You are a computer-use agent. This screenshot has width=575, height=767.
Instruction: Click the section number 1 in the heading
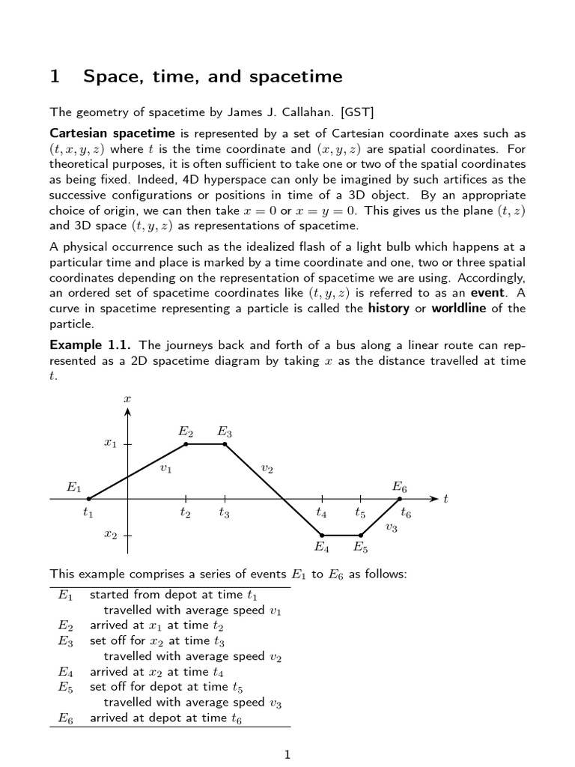(x=55, y=76)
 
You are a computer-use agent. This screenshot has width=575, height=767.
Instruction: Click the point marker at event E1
(x=89, y=498)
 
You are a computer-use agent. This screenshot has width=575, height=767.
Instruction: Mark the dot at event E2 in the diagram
(x=186, y=444)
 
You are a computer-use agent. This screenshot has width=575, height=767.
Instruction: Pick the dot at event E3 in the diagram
(x=225, y=444)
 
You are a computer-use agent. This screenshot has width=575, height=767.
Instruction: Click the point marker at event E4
(x=322, y=536)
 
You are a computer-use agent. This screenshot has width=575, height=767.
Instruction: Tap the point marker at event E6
(x=400, y=498)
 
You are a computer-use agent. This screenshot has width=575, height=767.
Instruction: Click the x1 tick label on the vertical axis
(x=110, y=444)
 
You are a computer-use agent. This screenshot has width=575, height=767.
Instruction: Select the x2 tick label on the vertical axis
(x=110, y=536)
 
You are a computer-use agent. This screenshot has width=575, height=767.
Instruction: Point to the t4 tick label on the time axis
(x=321, y=514)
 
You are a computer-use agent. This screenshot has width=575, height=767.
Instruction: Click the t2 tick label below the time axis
(x=185, y=514)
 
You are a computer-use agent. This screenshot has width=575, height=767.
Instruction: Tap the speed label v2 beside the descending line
(x=267, y=469)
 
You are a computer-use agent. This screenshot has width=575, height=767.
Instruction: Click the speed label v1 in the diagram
(x=165, y=469)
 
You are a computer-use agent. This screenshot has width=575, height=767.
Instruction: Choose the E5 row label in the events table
(x=65, y=686)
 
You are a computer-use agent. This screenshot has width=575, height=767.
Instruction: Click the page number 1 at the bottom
(x=287, y=754)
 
